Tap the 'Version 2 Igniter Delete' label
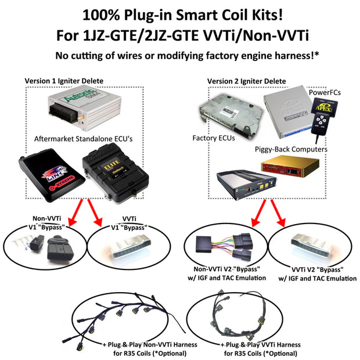[x=247, y=81]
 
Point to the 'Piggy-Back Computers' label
[x=291, y=149]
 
